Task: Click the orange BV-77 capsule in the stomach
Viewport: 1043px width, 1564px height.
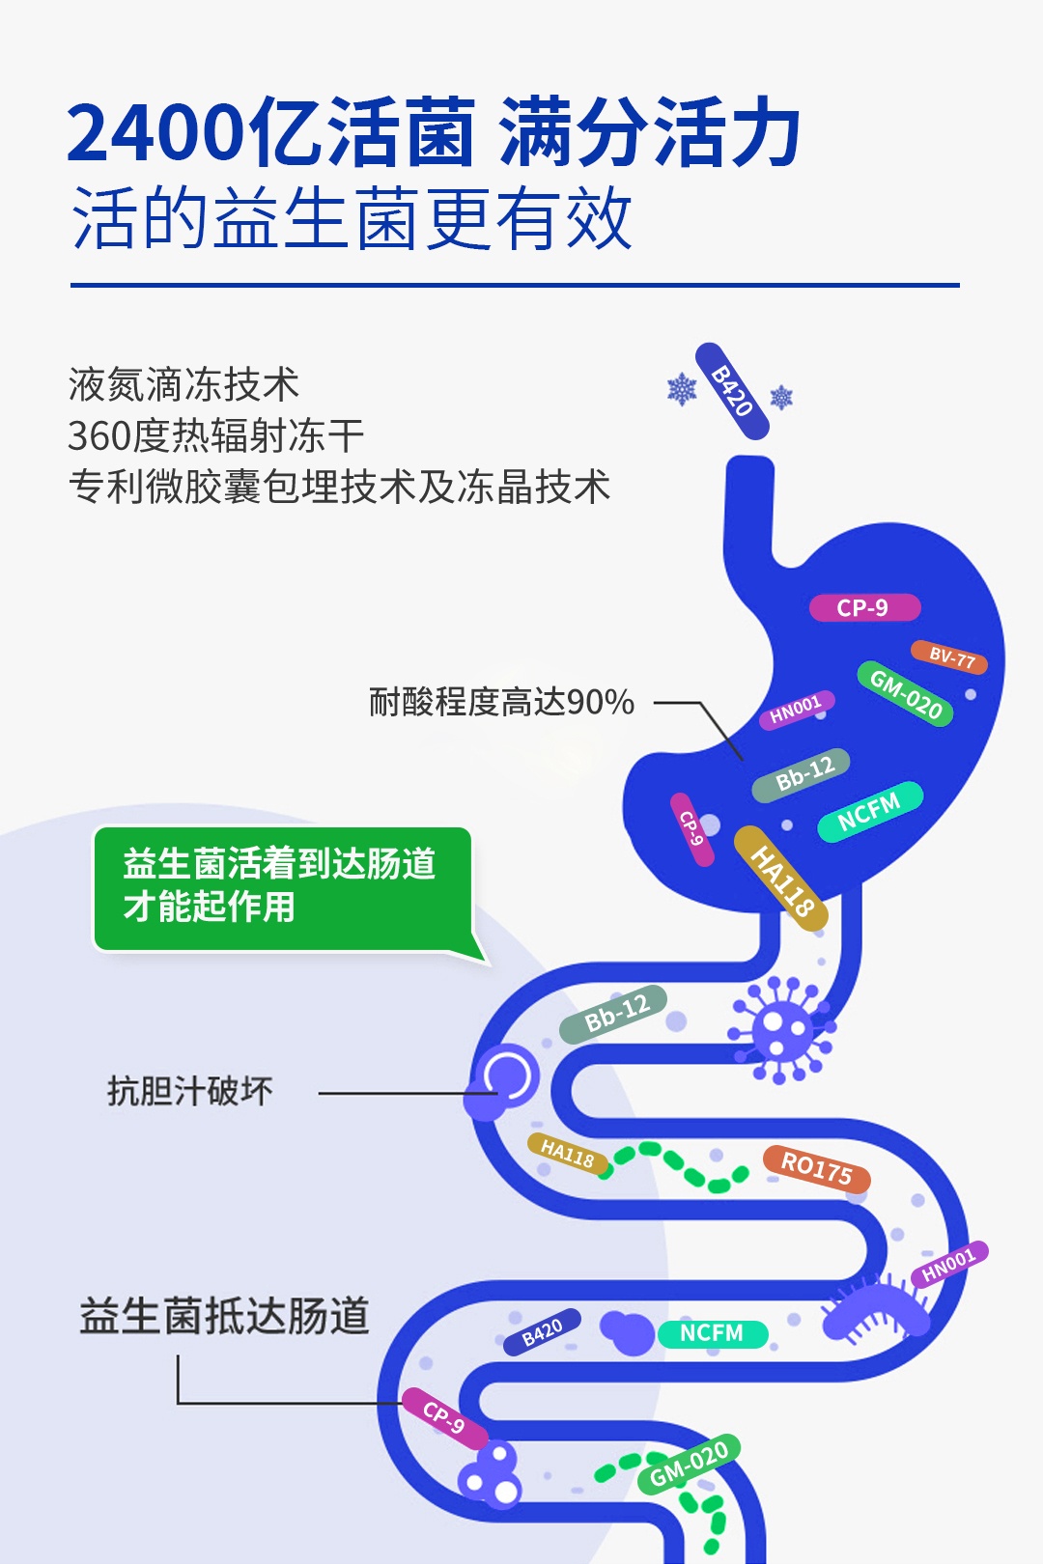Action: coord(949,657)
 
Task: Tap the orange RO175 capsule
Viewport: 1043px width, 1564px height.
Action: coord(817,1168)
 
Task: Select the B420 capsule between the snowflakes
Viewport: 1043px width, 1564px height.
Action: coord(732,391)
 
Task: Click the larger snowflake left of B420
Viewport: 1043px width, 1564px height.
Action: coord(682,390)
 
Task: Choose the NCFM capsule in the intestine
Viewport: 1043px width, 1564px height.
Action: coord(713,1333)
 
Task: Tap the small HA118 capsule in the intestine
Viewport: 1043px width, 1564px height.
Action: coord(568,1153)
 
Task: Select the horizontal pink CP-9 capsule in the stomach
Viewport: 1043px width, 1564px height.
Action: coord(863,608)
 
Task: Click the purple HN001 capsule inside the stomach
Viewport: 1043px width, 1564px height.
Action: coord(796,710)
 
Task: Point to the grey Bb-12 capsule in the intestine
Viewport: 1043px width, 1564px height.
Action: coord(614,1013)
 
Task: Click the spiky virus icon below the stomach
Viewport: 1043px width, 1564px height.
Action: coord(781,1029)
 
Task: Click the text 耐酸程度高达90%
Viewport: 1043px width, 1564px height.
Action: coord(501,702)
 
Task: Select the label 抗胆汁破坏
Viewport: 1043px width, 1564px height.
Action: coord(189,1092)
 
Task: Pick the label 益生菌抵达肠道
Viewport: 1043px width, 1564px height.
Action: coord(224,1316)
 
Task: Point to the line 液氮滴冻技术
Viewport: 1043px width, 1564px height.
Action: coord(183,385)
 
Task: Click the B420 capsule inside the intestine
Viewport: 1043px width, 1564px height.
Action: coord(542,1332)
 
